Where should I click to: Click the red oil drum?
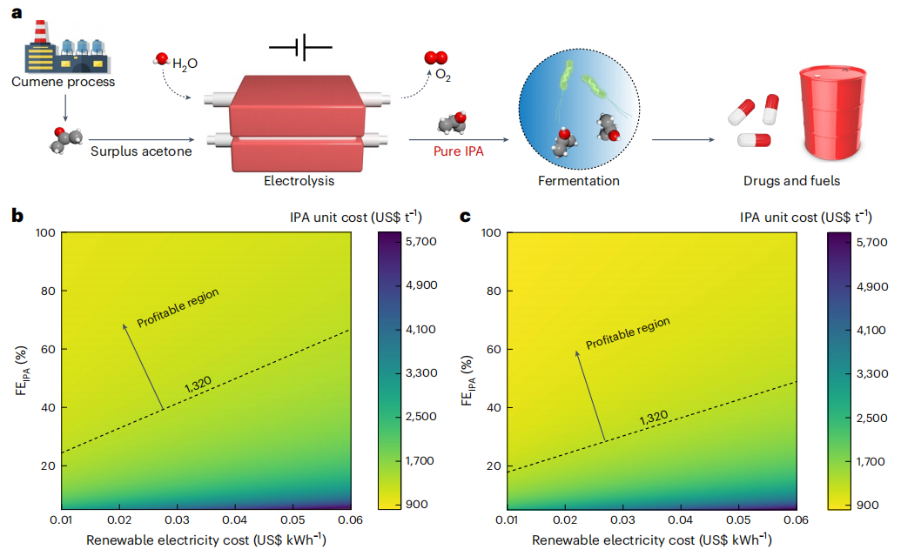[x=833, y=112]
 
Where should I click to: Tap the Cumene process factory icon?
[x=63, y=44]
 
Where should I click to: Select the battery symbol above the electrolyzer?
[x=300, y=50]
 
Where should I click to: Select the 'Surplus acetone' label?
[x=142, y=151]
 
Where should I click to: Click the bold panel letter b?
[x=16, y=216]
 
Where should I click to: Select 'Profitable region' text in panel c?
[x=628, y=333]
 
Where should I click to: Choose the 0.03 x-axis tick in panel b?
[x=177, y=519]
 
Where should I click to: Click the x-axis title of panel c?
[x=652, y=540]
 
